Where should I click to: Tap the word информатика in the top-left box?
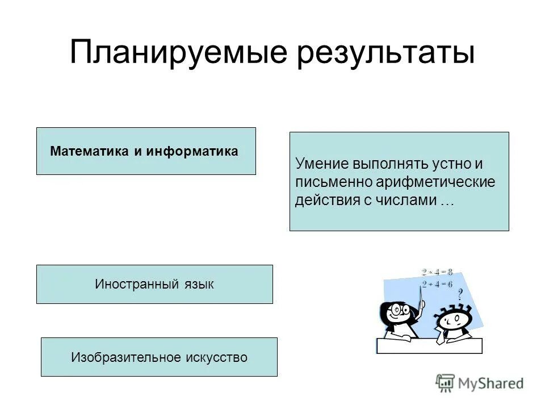pyautogui.click(x=192, y=152)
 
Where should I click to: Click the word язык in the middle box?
pyautogui.click(x=198, y=284)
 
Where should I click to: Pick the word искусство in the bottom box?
pyautogui.click(x=216, y=357)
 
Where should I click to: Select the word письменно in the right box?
pyautogui.click(x=333, y=182)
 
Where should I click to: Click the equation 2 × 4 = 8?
pyautogui.click(x=437, y=272)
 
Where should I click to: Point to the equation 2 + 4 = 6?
pyautogui.click(x=437, y=285)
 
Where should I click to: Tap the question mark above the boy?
pyautogui.click(x=460, y=294)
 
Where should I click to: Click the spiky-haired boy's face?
pyautogui.click(x=452, y=322)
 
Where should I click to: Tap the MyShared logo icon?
pyautogui.click(x=446, y=383)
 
